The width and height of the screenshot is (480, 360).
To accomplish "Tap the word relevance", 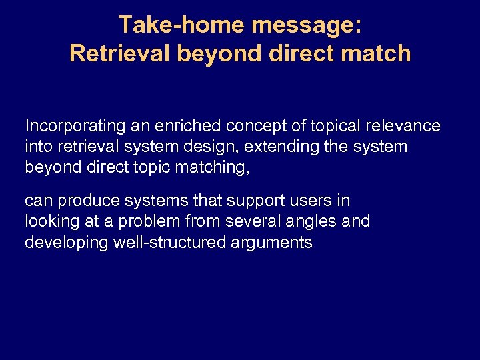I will [407, 126].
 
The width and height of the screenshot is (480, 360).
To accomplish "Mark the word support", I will [262, 201].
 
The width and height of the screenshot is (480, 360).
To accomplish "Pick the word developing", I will [67, 242].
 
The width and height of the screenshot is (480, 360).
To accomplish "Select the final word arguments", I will [273, 242].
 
